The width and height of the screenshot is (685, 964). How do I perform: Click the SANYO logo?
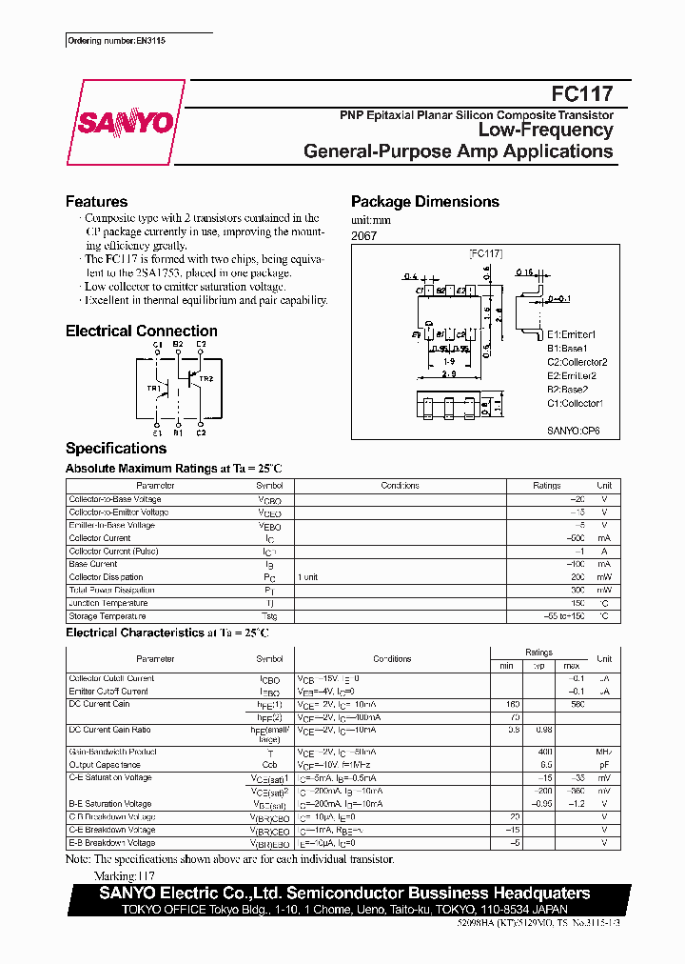[x=125, y=122]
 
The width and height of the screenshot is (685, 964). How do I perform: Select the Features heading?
[x=96, y=202]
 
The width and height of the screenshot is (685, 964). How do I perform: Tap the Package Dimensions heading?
[x=424, y=202]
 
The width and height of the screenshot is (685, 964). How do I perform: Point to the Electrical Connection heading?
[x=141, y=331]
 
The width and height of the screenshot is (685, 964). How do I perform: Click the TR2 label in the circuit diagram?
[x=206, y=378]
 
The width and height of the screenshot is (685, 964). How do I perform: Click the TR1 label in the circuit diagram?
[x=153, y=389]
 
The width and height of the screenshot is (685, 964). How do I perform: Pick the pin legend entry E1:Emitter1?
[x=571, y=334]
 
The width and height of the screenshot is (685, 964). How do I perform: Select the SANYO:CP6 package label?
[x=573, y=432]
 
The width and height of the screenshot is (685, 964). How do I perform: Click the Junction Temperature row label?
[x=108, y=603]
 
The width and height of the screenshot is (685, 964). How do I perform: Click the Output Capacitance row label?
[x=104, y=765]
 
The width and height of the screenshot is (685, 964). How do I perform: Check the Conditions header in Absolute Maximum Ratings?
[x=400, y=486]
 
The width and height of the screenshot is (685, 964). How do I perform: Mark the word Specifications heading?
[x=115, y=449]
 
